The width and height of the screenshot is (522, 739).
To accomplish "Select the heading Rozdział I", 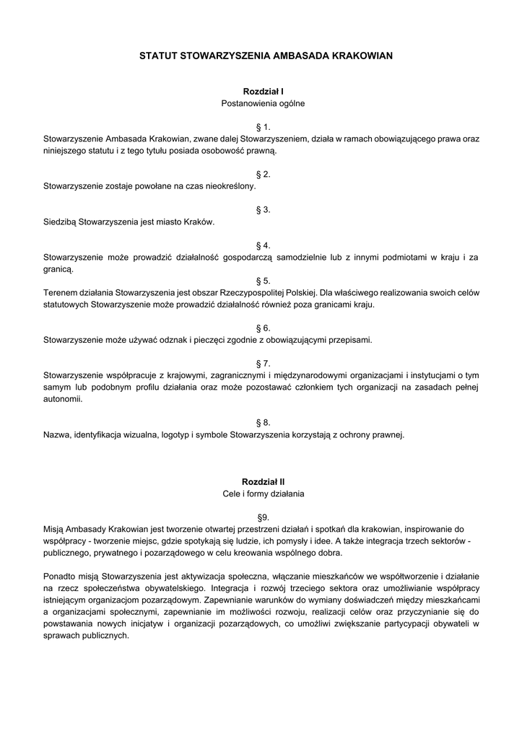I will pyautogui.click(x=263, y=92).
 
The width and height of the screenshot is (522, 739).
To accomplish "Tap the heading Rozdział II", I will pyautogui.click(x=263, y=481).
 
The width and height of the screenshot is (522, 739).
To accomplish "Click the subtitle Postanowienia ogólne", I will pyautogui.click(x=263, y=103).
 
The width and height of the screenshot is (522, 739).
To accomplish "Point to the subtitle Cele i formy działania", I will pyautogui.click(x=263, y=494).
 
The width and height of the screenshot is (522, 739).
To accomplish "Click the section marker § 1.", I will pyautogui.click(x=263, y=127).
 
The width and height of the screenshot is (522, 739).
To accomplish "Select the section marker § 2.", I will pyautogui.click(x=263, y=175).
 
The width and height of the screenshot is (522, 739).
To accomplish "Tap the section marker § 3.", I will pyautogui.click(x=263, y=210).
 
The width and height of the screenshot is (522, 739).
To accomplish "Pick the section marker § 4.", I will pyautogui.click(x=263, y=245).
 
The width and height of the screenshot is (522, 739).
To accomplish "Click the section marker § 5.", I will pyautogui.click(x=263, y=281).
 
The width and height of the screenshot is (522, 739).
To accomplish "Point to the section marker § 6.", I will pyautogui.click(x=263, y=328).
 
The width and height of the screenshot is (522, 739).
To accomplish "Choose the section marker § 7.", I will pyautogui.click(x=263, y=363).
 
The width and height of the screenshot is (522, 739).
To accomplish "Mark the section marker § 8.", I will pyautogui.click(x=263, y=422).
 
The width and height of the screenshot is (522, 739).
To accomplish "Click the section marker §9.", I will pyautogui.click(x=263, y=517).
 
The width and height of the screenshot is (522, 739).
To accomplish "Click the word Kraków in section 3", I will pyautogui.click(x=199, y=222).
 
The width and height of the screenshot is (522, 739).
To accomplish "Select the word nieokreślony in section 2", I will pyautogui.click(x=230, y=186).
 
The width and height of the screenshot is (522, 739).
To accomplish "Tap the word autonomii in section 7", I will pyautogui.click(x=61, y=399).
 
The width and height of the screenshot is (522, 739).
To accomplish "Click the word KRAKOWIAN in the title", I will pyautogui.click(x=361, y=54).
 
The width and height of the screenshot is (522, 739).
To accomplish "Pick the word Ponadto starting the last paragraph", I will pyautogui.click(x=60, y=577).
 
